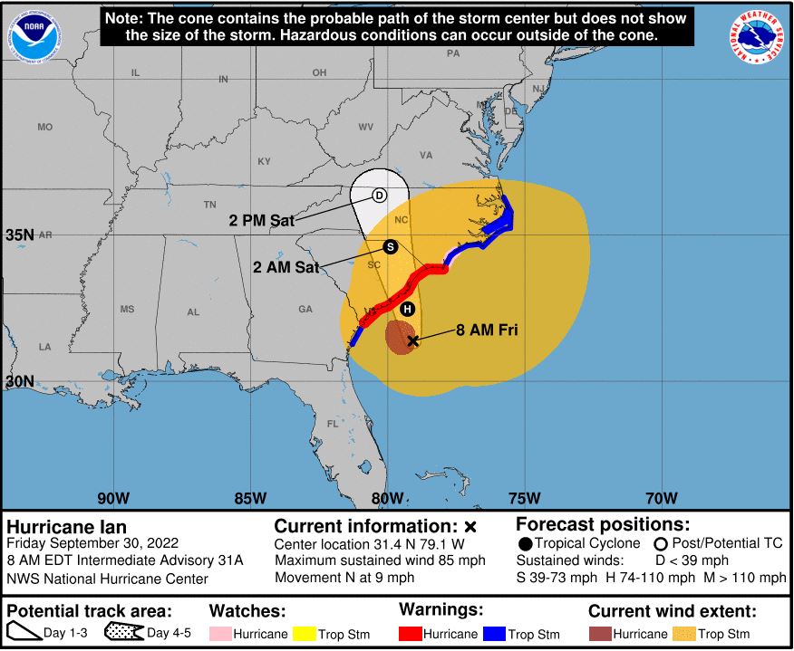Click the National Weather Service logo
coord(758,36)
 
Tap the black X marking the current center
coord(413,340)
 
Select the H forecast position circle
coord(408,309)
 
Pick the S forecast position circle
coord(391,246)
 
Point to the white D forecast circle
coord(380,196)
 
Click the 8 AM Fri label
coord(487,330)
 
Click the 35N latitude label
coord(20,235)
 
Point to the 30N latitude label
coord(20,382)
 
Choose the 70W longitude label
coord(662,498)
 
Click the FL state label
coord(332,424)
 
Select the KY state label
coord(264,162)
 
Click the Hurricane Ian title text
coord(67,527)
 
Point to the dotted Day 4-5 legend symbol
coord(124,634)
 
